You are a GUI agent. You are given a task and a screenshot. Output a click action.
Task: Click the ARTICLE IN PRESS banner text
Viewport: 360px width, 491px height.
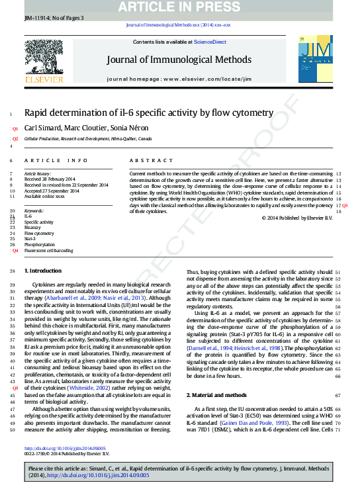click(x=180, y=7)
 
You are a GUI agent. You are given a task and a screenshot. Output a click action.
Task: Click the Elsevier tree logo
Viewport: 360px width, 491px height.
click(x=44, y=62)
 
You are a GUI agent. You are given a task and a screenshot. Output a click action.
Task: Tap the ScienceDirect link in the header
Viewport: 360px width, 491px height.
click(x=210, y=42)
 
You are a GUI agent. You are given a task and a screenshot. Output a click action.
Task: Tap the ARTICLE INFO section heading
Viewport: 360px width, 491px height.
click(x=56, y=161)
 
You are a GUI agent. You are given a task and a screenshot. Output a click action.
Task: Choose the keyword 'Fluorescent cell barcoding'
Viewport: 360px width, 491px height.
click(x=49, y=251)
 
